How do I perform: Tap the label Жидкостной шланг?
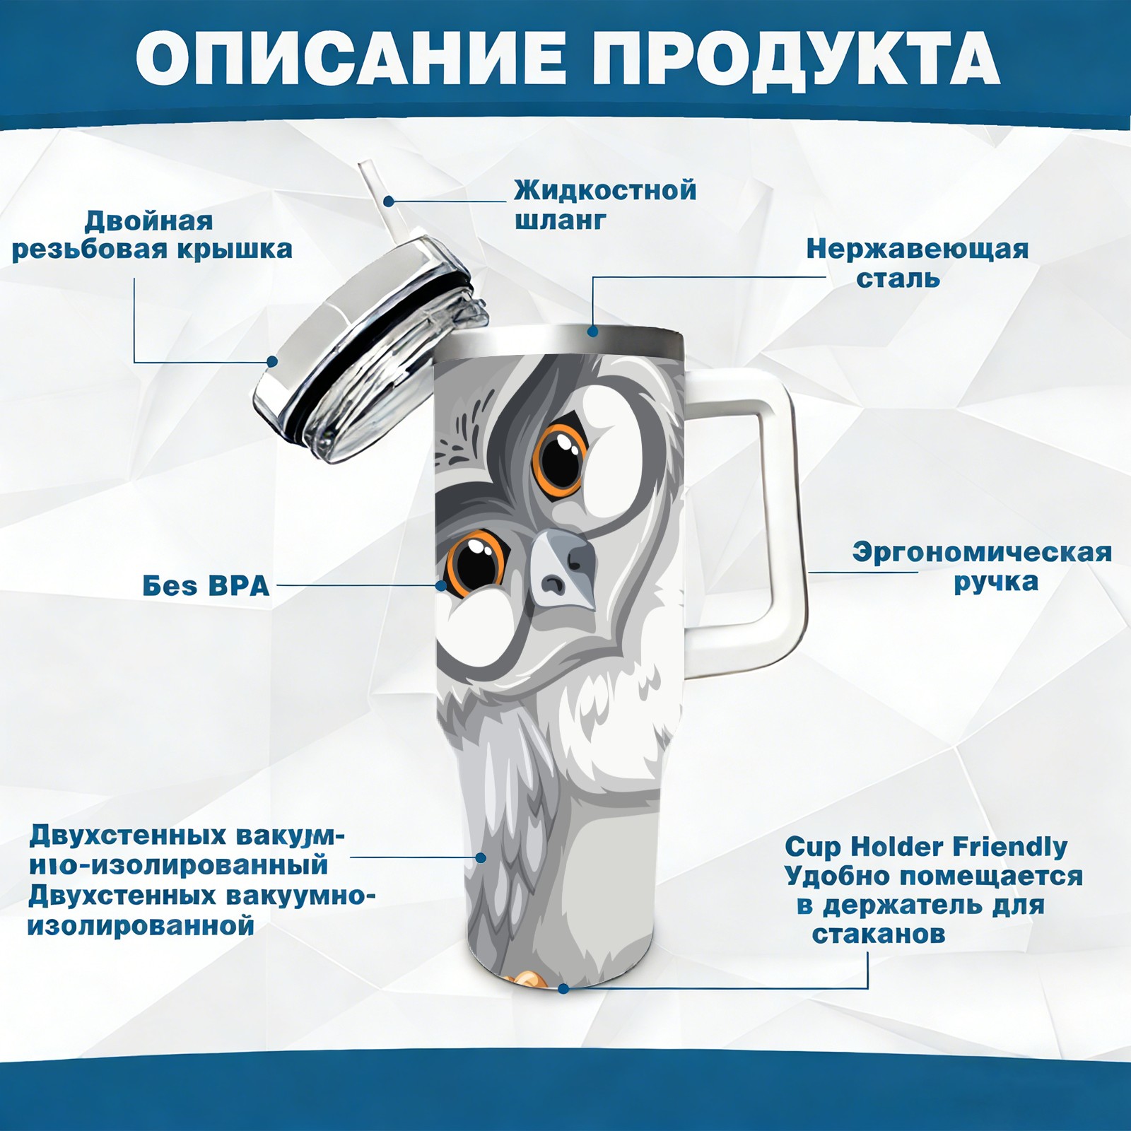click(605, 204)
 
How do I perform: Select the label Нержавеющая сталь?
click(918, 263)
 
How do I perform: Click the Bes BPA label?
click(206, 585)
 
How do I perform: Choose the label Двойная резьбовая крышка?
click(152, 235)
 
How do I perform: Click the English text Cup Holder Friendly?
click(926, 846)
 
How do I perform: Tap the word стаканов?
click(878, 934)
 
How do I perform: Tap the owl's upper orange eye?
click(560, 461)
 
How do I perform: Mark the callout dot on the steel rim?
click(592, 331)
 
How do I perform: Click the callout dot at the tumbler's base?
click(563, 988)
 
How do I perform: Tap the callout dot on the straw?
click(388, 201)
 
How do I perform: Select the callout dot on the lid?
click(272, 361)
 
